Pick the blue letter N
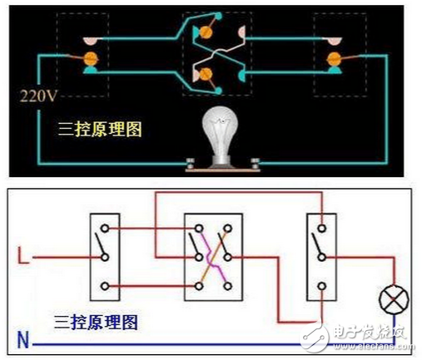pos(23,338)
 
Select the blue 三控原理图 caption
pos(97,320)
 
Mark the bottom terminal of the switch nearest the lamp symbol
pos(321,287)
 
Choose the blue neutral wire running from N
pos(208,343)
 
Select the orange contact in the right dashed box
pos(335,58)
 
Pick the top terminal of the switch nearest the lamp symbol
pos(321,228)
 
